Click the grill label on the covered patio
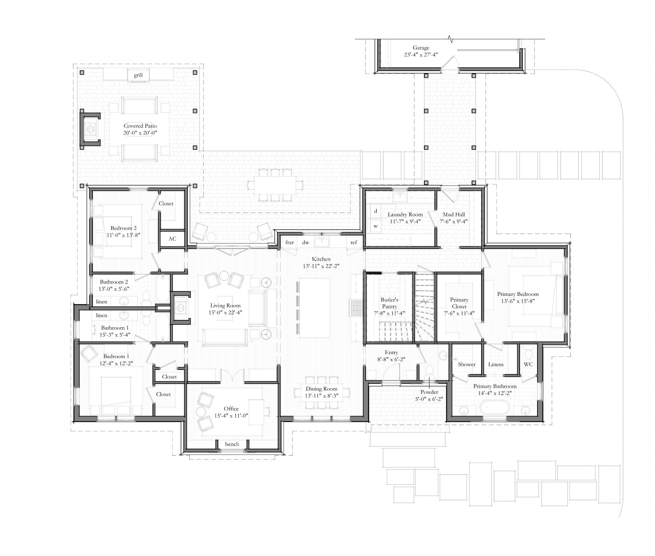click(x=138, y=75)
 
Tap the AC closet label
click(x=172, y=239)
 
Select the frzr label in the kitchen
click(x=290, y=242)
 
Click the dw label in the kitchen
click(x=306, y=242)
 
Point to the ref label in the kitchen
click(x=353, y=242)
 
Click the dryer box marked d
click(x=376, y=211)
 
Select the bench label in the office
click(x=232, y=444)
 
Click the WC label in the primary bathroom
click(x=528, y=364)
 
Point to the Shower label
click(x=467, y=364)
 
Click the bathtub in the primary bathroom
click(x=494, y=408)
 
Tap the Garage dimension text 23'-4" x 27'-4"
click(x=421, y=55)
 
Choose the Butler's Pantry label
click(x=389, y=303)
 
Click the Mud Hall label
click(x=454, y=215)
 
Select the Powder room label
click(x=430, y=392)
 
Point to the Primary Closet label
click(x=459, y=303)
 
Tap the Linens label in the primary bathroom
click(x=496, y=364)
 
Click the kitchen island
click(x=314, y=307)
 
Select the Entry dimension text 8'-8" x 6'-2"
click(x=391, y=359)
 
